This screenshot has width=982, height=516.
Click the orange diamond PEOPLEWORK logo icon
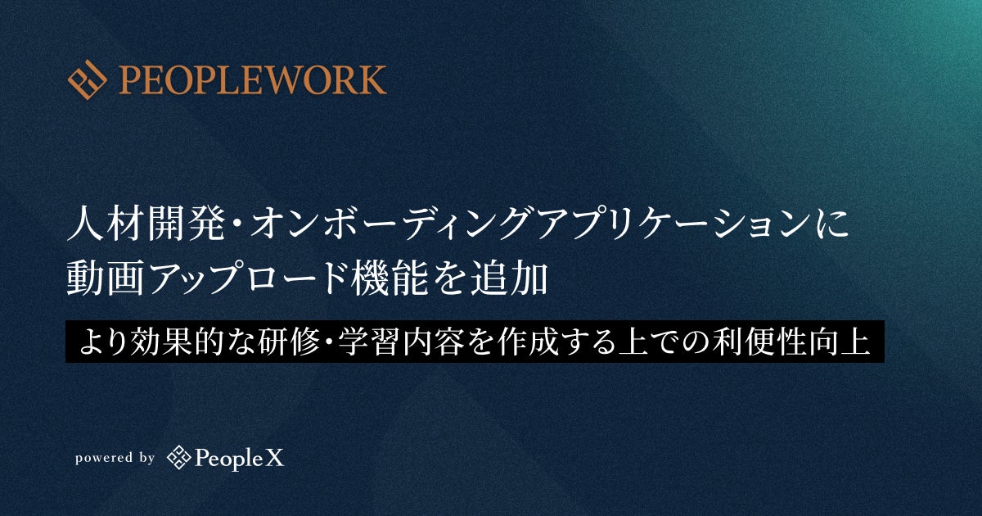(x=88, y=80)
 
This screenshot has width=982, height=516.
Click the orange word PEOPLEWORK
(x=253, y=80)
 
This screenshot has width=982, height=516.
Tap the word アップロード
(x=246, y=278)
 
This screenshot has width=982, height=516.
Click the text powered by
(x=115, y=458)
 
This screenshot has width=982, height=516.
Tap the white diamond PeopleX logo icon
(x=179, y=457)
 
